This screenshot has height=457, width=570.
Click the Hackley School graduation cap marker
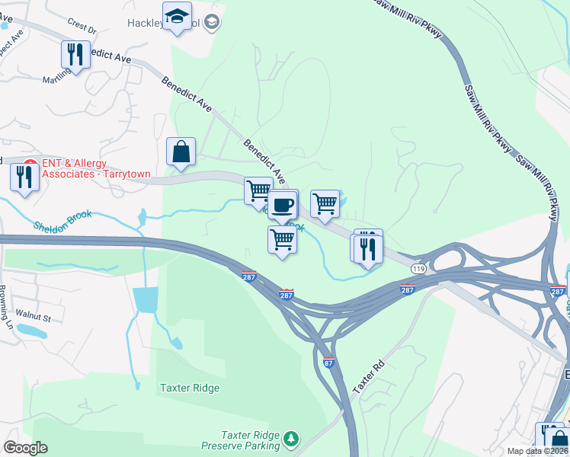point(178,17)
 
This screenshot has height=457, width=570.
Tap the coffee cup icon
point(283,205)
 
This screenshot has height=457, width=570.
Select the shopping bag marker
point(181,152)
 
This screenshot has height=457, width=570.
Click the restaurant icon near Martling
point(75,54)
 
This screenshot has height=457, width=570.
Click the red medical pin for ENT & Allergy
point(30,163)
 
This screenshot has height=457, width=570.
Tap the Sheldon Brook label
point(62,221)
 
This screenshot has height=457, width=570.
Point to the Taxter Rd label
point(370,376)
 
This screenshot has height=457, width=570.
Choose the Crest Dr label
point(82,29)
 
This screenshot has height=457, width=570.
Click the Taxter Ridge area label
point(190,388)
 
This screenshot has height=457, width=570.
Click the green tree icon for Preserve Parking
point(290,439)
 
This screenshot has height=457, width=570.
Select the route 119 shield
point(418,269)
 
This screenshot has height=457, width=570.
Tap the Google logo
point(25,448)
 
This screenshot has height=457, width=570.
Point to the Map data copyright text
point(537,451)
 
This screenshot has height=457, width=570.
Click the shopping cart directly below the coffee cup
point(283,240)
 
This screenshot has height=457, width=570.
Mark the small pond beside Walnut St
point(33,331)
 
